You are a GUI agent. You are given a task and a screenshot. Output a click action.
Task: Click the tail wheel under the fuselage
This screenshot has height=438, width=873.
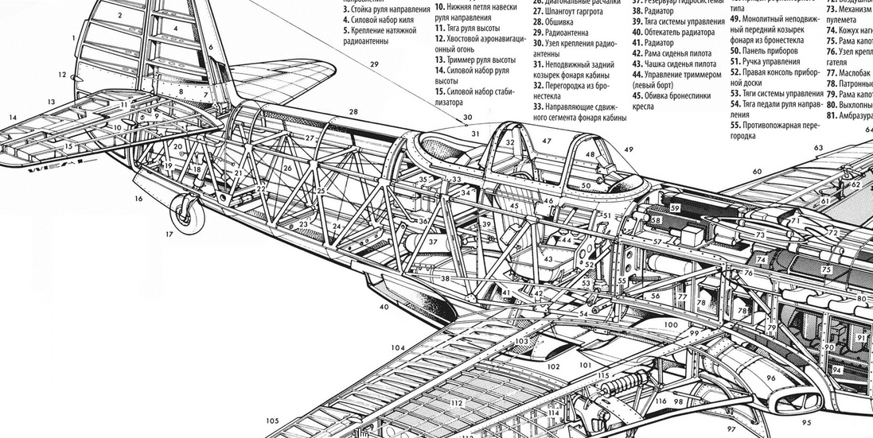(189, 213)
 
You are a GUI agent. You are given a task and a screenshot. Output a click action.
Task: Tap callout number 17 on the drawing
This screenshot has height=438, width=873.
(169, 235)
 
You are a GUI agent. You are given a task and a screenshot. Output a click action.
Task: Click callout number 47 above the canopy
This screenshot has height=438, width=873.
(547, 141)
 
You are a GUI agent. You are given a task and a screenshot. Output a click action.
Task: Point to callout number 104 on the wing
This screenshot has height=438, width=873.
(398, 348)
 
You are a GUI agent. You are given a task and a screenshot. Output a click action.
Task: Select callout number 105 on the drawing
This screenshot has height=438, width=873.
(272, 421)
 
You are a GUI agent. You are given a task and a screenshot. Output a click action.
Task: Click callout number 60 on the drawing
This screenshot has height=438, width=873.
(757, 172)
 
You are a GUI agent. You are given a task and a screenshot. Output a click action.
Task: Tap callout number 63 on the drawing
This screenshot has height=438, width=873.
(818, 148)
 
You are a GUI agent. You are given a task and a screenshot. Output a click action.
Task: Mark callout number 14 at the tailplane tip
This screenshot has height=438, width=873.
(13, 118)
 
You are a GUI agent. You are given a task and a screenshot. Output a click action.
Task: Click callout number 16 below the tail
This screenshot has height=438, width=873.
(138, 199)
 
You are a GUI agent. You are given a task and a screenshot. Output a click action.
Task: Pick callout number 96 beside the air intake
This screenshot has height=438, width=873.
(770, 378)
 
